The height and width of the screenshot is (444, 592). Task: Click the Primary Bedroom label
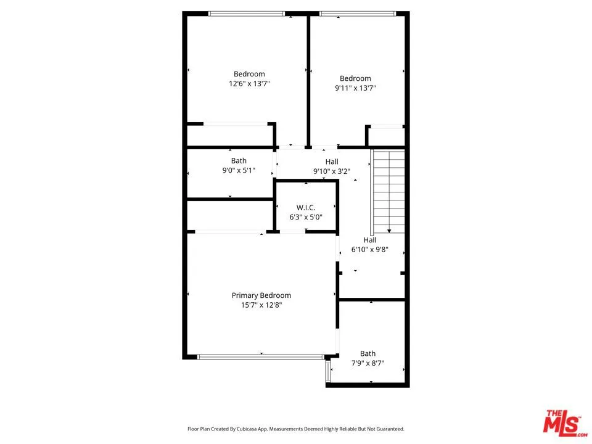coord(261,295)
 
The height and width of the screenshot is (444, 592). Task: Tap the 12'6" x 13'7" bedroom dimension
coord(249,83)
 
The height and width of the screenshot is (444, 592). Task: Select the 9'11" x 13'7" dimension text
coord(355,88)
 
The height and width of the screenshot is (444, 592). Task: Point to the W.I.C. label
coord(306,208)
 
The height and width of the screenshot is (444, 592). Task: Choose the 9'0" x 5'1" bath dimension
coord(239,170)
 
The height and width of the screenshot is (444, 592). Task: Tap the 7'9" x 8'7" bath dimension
coord(368,363)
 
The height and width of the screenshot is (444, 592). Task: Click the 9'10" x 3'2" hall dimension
coord(332,171)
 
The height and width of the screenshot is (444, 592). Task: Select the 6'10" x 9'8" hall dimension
coord(369,250)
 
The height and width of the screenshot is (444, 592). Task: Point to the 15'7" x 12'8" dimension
coord(261,305)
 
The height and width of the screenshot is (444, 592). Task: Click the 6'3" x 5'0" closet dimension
coord(306,217)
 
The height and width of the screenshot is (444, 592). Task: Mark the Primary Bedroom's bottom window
coord(260,356)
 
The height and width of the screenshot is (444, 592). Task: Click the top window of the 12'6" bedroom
coord(247,14)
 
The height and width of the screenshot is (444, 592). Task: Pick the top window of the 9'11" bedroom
coord(357,14)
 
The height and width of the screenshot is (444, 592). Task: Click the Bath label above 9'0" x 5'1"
coord(239,161)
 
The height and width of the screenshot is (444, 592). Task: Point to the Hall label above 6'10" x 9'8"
coord(369,240)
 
